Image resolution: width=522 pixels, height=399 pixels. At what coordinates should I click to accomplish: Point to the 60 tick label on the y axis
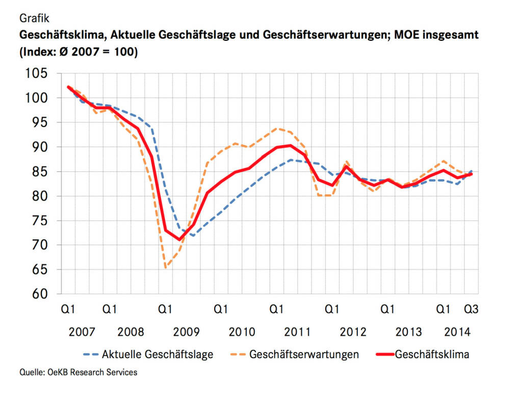coord(40,294)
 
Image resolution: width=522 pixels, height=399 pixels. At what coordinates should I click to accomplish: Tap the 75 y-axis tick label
coord(40,221)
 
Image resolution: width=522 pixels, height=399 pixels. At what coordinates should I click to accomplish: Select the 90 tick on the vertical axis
coord(40,147)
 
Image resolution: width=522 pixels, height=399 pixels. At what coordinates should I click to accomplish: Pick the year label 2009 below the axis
coord(187,332)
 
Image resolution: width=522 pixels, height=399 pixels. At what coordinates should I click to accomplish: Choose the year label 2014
coord(457,332)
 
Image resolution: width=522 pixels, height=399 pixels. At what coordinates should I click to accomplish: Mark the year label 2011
coord(298,332)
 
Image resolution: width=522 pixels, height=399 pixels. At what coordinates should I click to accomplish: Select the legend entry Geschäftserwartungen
coord(304,354)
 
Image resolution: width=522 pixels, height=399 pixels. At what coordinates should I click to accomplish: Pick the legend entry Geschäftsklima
coord(432,354)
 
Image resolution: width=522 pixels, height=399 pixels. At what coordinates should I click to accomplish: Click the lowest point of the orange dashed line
coord(166,268)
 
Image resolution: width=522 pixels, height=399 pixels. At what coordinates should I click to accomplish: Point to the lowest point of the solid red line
coord(179,240)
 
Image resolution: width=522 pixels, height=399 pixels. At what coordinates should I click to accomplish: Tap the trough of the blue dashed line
coord(193,235)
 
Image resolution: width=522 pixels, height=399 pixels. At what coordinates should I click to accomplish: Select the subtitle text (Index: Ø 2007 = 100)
coord(79,52)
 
